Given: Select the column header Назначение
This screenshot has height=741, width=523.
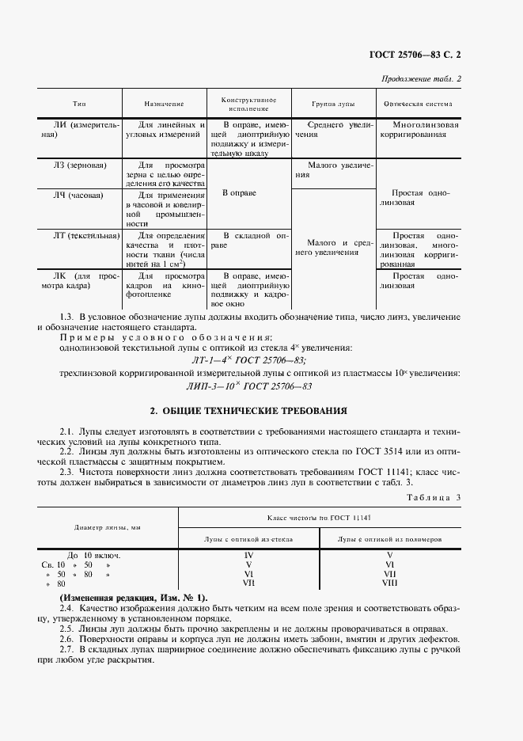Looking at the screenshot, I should (164, 104).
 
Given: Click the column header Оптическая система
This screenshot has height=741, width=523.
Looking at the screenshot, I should (417, 104).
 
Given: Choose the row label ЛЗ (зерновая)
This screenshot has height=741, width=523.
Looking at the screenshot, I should (80, 165).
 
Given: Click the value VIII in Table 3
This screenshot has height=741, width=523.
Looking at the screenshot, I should (389, 583).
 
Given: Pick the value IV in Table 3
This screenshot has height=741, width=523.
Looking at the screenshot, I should (248, 555).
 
